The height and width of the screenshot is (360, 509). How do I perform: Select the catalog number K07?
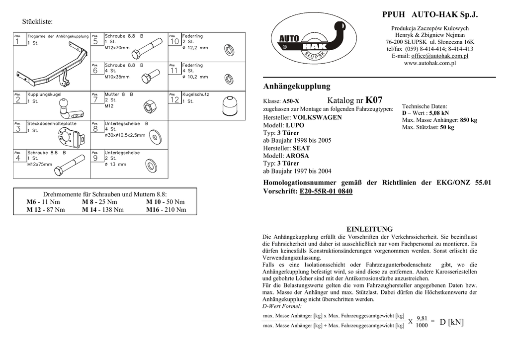(x=374, y=100)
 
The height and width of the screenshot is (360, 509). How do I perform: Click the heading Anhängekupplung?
(x=296, y=86)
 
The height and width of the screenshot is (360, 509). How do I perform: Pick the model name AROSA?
(x=297, y=156)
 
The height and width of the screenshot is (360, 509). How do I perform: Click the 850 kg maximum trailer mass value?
(x=468, y=120)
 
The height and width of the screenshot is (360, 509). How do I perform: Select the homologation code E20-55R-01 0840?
(x=326, y=191)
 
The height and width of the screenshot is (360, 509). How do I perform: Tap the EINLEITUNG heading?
(x=369, y=229)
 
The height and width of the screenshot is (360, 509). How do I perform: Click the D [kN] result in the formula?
(x=451, y=322)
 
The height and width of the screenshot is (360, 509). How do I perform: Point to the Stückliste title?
(x=37, y=21)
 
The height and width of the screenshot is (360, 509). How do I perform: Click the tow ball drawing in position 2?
(x=65, y=107)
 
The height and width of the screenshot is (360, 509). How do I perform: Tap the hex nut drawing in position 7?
(x=148, y=106)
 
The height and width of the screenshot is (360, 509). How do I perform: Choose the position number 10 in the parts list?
(x=174, y=42)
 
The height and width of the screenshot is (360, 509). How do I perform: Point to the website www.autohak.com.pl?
(x=429, y=64)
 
